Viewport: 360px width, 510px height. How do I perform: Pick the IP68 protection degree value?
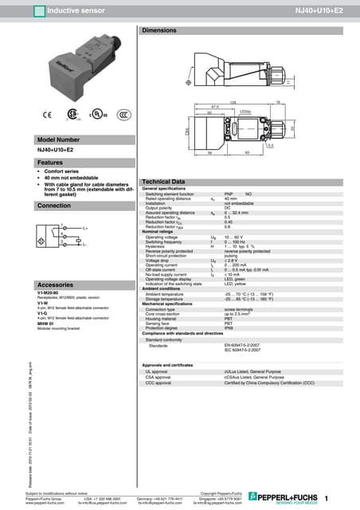[229, 327]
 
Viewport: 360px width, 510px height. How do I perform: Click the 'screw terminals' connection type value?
[239, 308]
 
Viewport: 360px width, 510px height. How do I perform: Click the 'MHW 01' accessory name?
[45, 324]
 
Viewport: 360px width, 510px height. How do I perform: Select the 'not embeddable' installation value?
[238, 203]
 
